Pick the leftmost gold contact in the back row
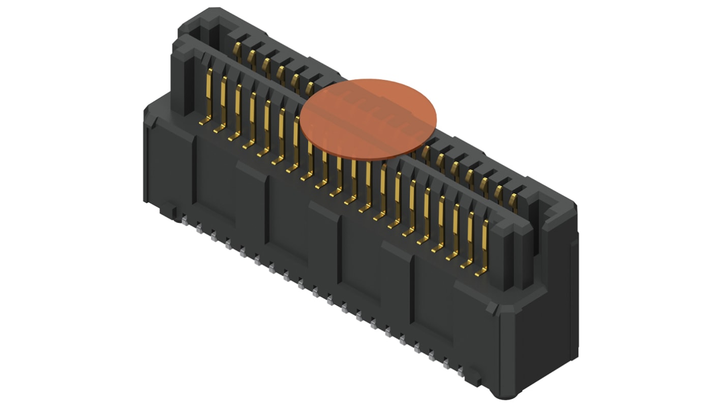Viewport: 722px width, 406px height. pos(236,49)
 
